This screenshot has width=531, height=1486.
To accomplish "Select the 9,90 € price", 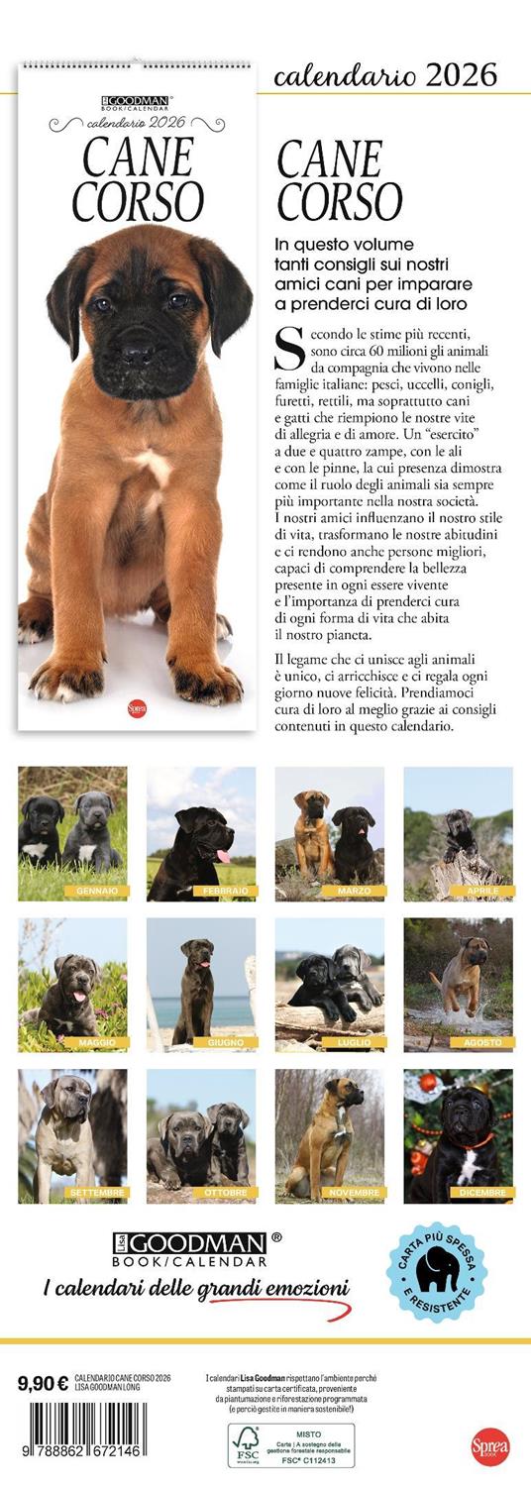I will (x=43, y=1383).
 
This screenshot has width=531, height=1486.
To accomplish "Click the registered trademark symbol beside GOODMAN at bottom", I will (x=276, y=1236).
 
